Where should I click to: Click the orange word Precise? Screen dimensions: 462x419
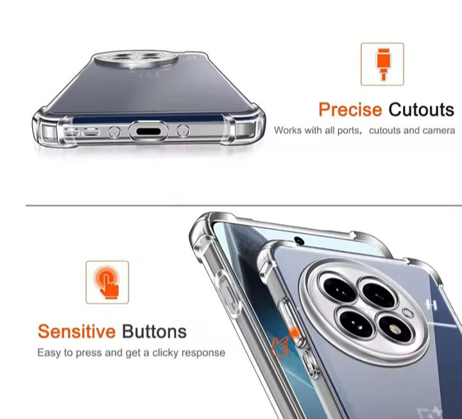click(x=350, y=110)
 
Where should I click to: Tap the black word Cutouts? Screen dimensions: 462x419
click(x=422, y=110)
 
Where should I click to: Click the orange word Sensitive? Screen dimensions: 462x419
click(x=76, y=332)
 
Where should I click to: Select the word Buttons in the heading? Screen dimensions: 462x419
click(x=154, y=332)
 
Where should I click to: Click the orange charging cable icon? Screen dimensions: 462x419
click(x=382, y=64)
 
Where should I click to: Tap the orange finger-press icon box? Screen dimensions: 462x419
click(x=107, y=282)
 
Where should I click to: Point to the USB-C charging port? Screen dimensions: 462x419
click(x=148, y=131)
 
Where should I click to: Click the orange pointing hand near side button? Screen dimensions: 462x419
click(x=280, y=346)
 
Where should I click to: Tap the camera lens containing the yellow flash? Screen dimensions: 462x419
click(x=395, y=328)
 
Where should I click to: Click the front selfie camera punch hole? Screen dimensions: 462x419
click(x=299, y=241)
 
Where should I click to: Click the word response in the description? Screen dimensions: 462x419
click(x=203, y=353)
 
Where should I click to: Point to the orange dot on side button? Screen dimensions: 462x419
click(x=294, y=333)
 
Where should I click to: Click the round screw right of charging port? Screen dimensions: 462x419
click(x=183, y=131)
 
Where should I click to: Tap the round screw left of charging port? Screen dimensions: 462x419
click(x=114, y=132)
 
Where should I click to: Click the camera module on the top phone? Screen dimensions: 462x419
click(x=136, y=59)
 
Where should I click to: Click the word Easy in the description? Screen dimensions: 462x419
click(x=49, y=353)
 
